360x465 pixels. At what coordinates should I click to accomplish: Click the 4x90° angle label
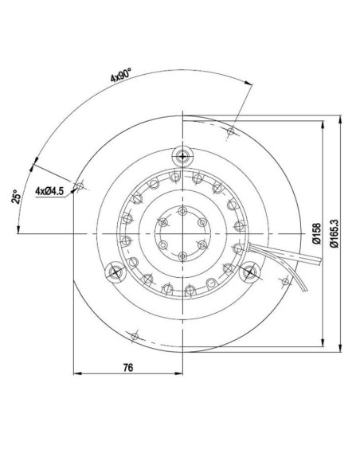tap(120, 77)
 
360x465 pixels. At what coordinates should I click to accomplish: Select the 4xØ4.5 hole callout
tap(49, 190)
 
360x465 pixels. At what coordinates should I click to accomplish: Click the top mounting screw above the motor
tap(183, 154)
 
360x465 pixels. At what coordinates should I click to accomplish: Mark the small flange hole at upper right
tap(232, 131)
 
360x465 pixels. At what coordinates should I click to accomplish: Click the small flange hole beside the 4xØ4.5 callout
tap(78, 186)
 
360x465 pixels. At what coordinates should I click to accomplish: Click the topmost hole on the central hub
tap(183, 210)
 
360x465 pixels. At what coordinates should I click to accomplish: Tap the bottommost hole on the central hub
tap(183, 255)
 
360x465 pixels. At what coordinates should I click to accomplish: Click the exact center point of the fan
tap(183, 232)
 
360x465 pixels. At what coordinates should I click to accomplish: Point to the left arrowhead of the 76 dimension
tap(76, 373)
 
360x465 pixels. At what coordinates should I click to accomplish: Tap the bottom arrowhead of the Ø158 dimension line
tap(322, 346)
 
